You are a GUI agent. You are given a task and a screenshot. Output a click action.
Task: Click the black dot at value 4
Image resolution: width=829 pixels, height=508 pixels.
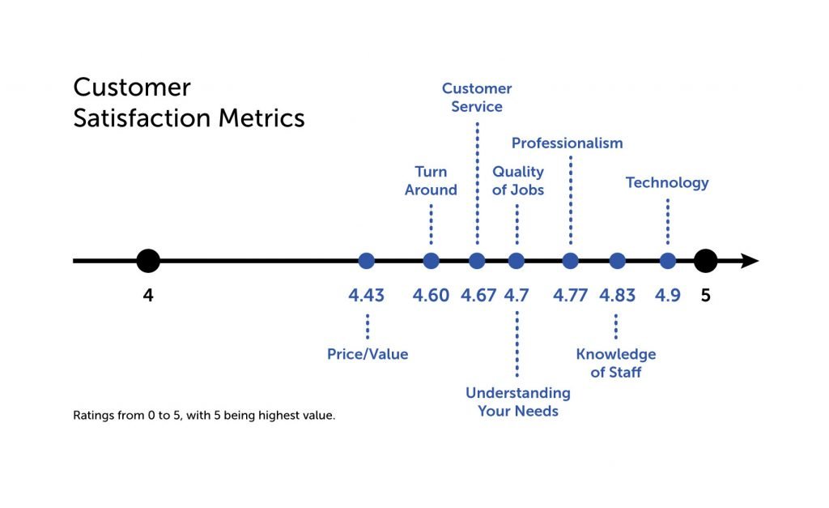pyautogui.click(x=148, y=261)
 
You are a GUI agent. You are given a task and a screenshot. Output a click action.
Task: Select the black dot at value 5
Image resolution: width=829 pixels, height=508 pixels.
pyautogui.click(x=705, y=261)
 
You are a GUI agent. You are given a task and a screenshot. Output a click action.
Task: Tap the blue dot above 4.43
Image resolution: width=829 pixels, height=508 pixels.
pyautogui.click(x=367, y=261)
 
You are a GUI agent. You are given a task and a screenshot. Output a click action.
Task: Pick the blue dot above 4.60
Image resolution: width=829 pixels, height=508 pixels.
pyautogui.click(x=431, y=261)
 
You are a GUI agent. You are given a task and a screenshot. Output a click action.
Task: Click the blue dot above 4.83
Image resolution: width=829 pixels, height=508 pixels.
pyautogui.click(x=617, y=261)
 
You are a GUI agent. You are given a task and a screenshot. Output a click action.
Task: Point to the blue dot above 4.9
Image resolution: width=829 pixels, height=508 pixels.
pyautogui.click(x=668, y=261)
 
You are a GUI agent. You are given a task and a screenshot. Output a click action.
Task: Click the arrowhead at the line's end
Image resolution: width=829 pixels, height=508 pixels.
pyautogui.click(x=750, y=261)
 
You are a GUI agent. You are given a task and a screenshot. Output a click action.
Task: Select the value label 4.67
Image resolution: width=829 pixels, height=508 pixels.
pyautogui.click(x=478, y=295)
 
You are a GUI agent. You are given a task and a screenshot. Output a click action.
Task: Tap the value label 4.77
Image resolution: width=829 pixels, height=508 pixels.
pyautogui.click(x=571, y=295)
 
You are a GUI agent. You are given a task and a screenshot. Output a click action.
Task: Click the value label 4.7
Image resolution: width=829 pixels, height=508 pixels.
pyautogui.click(x=517, y=295)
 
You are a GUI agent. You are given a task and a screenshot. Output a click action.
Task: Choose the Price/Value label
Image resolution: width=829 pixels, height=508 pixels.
pyautogui.click(x=368, y=354)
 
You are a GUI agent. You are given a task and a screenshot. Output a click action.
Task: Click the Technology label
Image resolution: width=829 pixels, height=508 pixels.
pyautogui.click(x=667, y=182)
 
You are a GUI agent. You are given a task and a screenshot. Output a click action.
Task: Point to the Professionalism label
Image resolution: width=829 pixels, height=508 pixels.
pyautogui.click(x=568, y=143)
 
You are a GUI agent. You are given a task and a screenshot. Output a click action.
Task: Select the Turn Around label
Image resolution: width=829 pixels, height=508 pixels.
pyautogui.click(x=431, y=181)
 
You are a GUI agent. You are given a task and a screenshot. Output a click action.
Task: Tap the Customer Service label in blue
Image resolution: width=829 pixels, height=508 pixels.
pyautogui.click(x=477, y=97)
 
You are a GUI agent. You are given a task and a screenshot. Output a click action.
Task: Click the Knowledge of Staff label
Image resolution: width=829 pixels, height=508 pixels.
pyautogui.click(x=616, y=363)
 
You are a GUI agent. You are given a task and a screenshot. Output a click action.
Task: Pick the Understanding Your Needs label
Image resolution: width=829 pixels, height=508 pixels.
pyautogui.click(x=518, y=402)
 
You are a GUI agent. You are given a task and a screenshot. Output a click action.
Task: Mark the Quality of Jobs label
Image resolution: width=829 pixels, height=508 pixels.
pyautogui.click(x=518, y=181)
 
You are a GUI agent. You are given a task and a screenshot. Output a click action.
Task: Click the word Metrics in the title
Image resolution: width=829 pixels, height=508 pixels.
pyautogui.click(x=261, y=118)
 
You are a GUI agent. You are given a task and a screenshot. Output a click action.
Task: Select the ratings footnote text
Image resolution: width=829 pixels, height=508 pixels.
pyautogui.click(x=204, y=416)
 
